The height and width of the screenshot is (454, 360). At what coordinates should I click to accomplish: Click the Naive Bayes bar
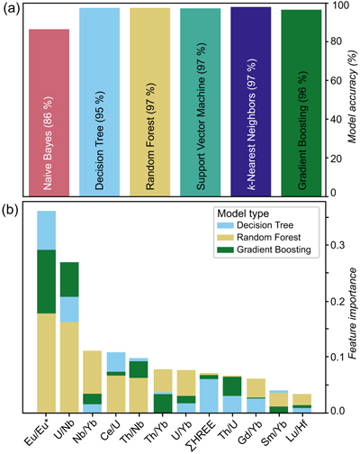(49, 113)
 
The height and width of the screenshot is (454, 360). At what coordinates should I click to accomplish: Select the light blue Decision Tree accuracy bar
(99, 102)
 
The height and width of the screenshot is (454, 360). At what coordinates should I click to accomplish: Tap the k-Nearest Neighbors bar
(251, 102)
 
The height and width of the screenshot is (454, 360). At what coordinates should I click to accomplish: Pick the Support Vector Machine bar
(201, 103)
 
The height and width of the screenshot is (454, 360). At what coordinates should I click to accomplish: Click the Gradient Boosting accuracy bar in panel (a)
(301, 103)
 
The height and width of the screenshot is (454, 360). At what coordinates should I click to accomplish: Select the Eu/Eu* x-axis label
(38, 433)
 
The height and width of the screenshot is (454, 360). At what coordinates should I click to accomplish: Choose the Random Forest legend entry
(259, 237)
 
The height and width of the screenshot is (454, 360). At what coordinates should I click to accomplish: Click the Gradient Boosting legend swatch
(225, 250)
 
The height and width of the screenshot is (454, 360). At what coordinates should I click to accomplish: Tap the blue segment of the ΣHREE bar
(209, 395)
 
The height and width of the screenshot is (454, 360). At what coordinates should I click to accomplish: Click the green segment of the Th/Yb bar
(163, 403)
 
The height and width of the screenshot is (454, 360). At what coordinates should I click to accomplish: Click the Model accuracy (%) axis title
(353, 96)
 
